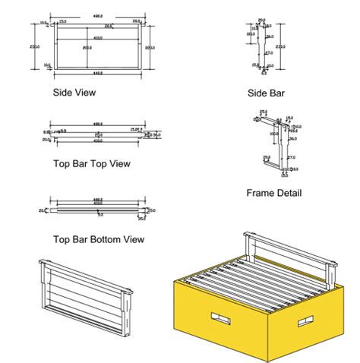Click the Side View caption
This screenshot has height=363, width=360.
[x=74, y=93]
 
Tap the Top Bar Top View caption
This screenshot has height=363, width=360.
[x=91, y=163]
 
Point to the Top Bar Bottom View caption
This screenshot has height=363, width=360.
[x=98, y=239]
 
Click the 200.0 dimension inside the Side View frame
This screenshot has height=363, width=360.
[x=87, y=48]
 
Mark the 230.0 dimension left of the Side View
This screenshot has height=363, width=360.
[x=35, y=46]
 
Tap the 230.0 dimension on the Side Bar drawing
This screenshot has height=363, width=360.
[x=279, y=46]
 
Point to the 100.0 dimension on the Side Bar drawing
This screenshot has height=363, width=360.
[x=251, y=33]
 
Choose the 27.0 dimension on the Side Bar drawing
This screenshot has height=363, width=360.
[x=270, y=53]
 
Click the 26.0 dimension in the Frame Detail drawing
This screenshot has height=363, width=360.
[x=293, y=138]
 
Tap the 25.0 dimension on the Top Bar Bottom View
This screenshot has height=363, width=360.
[x=151, y=210]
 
